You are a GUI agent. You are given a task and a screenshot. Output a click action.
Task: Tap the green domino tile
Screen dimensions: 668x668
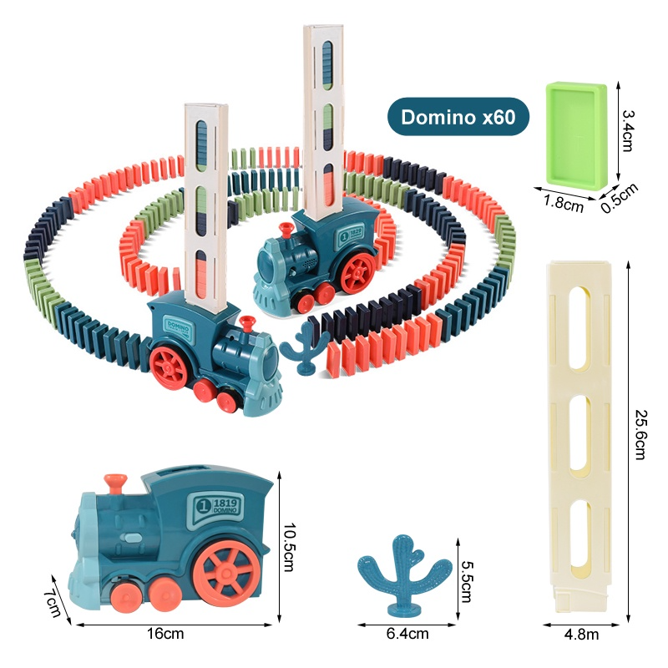tap(574, 134)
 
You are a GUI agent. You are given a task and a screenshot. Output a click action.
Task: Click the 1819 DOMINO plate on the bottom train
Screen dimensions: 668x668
tap(219, 509)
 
